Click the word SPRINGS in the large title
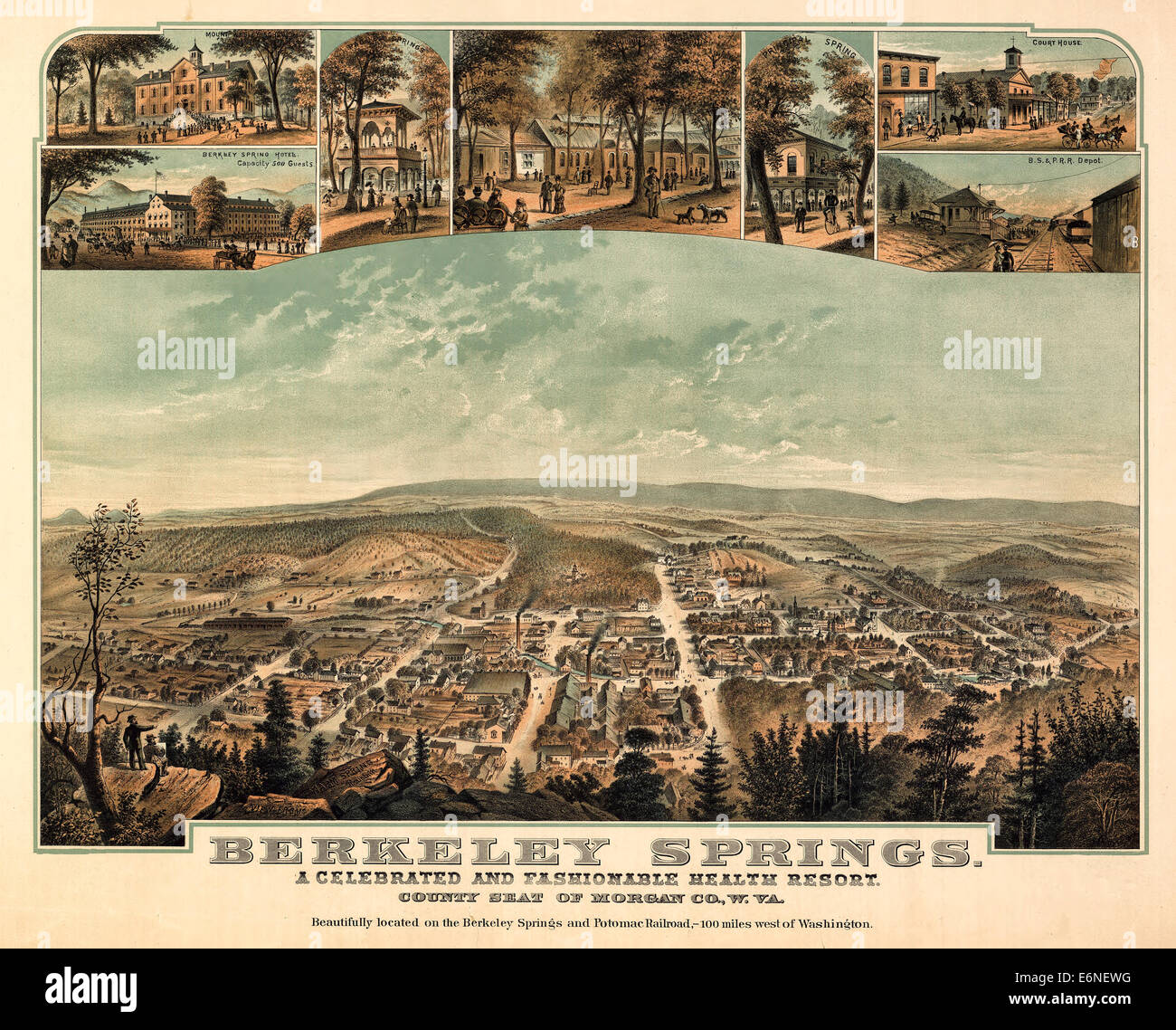(811, 852)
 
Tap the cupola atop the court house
(1012, 55)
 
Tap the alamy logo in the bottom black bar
(90, 987)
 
